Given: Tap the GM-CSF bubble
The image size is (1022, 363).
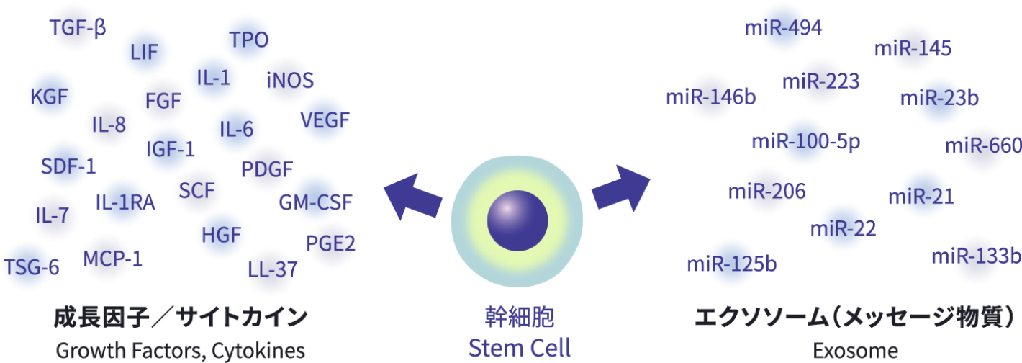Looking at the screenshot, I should (x=315, y=201).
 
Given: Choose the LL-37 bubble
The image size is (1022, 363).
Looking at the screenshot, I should (x=271, y=270).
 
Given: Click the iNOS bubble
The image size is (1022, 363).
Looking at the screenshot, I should (x=289, y=80).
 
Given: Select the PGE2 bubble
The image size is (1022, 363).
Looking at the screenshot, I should (x=330, y=243).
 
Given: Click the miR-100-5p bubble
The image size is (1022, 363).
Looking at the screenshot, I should (x=805, y=141).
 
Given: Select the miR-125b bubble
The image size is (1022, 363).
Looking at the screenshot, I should (x=732, y=264).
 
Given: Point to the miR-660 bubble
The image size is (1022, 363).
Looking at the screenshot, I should (x=983, y=147).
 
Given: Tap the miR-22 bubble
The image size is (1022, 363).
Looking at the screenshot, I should (x=843, y=228).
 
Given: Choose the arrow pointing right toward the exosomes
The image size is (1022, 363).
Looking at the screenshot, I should (x=620, y=188).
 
